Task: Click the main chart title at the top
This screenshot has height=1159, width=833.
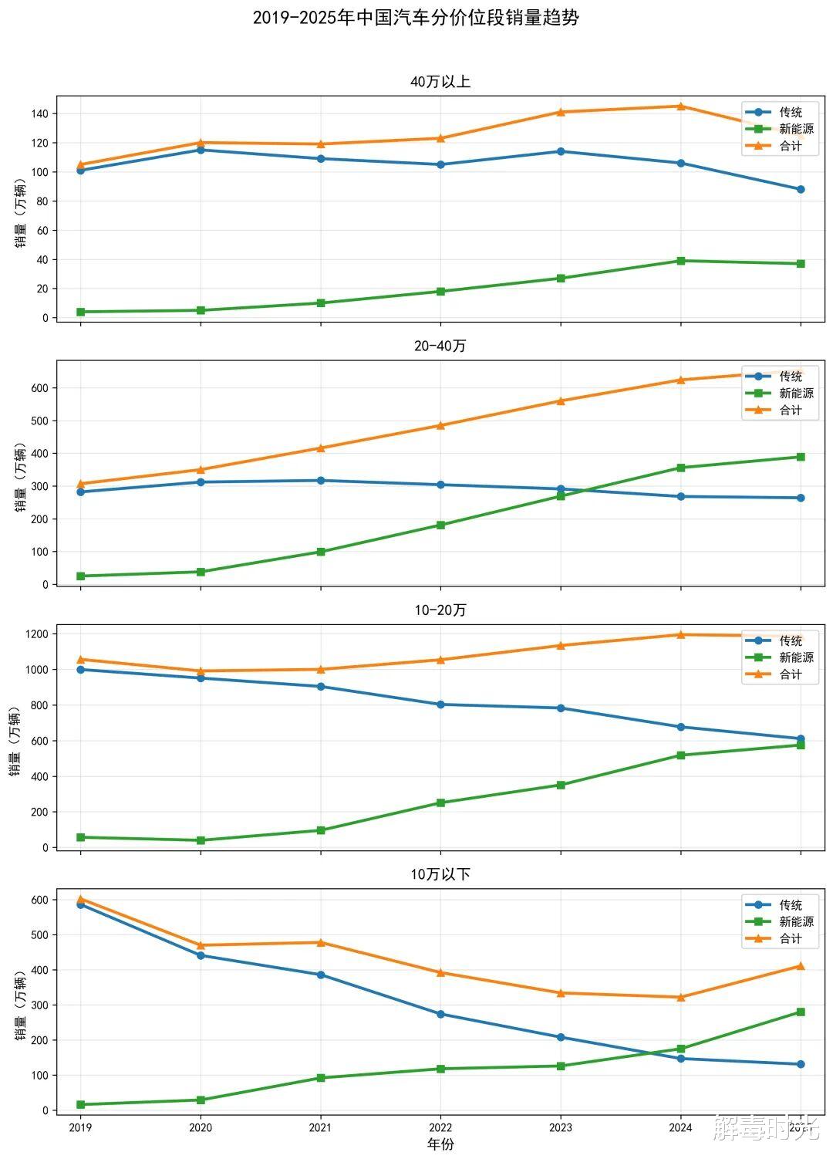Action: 416,18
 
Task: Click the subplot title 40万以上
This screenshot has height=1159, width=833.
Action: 440,82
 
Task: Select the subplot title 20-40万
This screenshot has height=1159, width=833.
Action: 440,346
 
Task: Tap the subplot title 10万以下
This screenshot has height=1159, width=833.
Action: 440,874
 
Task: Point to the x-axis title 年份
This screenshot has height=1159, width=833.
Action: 440,1144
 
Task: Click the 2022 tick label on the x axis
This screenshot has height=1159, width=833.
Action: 440,1127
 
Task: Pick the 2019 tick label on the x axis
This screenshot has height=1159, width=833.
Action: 80,1127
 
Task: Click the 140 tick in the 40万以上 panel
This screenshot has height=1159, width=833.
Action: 39,113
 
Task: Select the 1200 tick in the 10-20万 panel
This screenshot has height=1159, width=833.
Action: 36,634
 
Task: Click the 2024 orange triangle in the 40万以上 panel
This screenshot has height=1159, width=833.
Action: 680,106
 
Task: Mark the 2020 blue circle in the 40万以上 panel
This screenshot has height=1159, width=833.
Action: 201,150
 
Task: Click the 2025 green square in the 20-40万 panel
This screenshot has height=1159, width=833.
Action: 801,457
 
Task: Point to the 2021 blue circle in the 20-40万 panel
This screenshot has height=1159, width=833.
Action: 321,481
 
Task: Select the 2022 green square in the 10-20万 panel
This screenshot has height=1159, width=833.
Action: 440,803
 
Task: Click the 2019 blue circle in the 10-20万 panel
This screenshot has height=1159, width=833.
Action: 81,669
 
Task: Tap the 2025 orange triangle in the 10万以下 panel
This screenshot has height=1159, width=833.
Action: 801,966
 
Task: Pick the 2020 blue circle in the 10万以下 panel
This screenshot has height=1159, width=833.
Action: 201,955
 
